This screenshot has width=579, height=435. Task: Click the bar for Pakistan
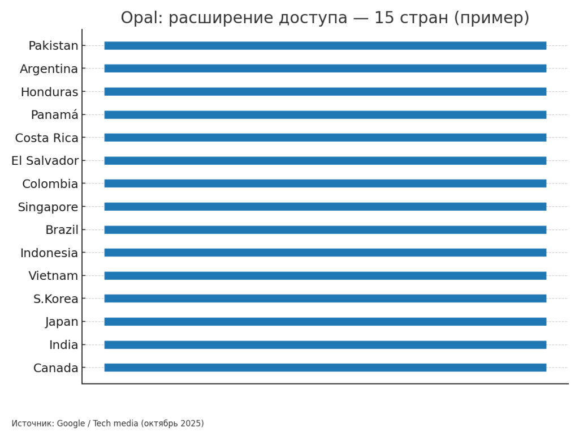(325, 45)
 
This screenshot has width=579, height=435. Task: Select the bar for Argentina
(325, 69)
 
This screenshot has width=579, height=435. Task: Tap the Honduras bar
(325, 91)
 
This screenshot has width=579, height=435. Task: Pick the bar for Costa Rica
(325, 138)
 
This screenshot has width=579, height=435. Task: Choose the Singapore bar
(325, 207)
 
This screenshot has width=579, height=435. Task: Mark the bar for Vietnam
(325, 276)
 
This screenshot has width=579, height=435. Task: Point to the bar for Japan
(325, 322)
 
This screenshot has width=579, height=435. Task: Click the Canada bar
(325, 368)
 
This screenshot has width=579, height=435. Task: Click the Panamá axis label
(54, 115)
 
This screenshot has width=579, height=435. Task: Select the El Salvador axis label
(45, 161)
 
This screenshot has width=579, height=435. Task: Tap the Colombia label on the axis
(50, 184)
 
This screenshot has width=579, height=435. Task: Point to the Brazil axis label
(62, 230)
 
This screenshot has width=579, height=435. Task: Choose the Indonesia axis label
(49, 253)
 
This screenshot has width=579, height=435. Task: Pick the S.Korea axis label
(55, 299)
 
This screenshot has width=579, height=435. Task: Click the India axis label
(63, 345)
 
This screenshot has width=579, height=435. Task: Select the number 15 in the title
(384, 18)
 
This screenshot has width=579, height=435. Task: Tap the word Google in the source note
(71, 424)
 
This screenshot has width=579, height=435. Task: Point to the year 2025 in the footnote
(192, 424)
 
